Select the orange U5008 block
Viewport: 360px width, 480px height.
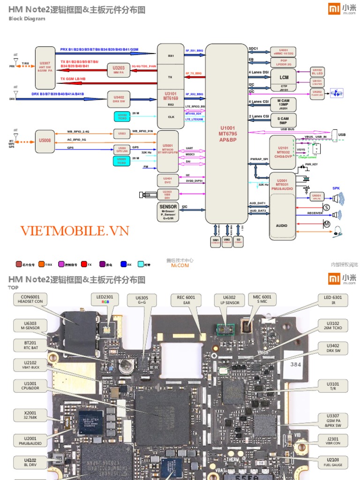pos(45,140)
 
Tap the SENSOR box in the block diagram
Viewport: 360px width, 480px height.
pos(168,212)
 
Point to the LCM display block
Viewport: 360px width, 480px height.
pos(284,78)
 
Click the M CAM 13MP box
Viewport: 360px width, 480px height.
pos(283,104)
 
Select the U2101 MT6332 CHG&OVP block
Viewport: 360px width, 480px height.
pos(282,152)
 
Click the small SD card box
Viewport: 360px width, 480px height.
pos(239,240)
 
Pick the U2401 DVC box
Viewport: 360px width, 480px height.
pos(167,180)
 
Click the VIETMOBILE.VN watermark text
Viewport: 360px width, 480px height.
pos(75,231)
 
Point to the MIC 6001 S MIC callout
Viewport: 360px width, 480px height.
pos(262,299)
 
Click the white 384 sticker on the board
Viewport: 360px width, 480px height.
pos(296,363)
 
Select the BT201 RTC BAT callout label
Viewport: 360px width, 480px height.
pos(24,345)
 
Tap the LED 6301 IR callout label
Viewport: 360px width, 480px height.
pos(333,299)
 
